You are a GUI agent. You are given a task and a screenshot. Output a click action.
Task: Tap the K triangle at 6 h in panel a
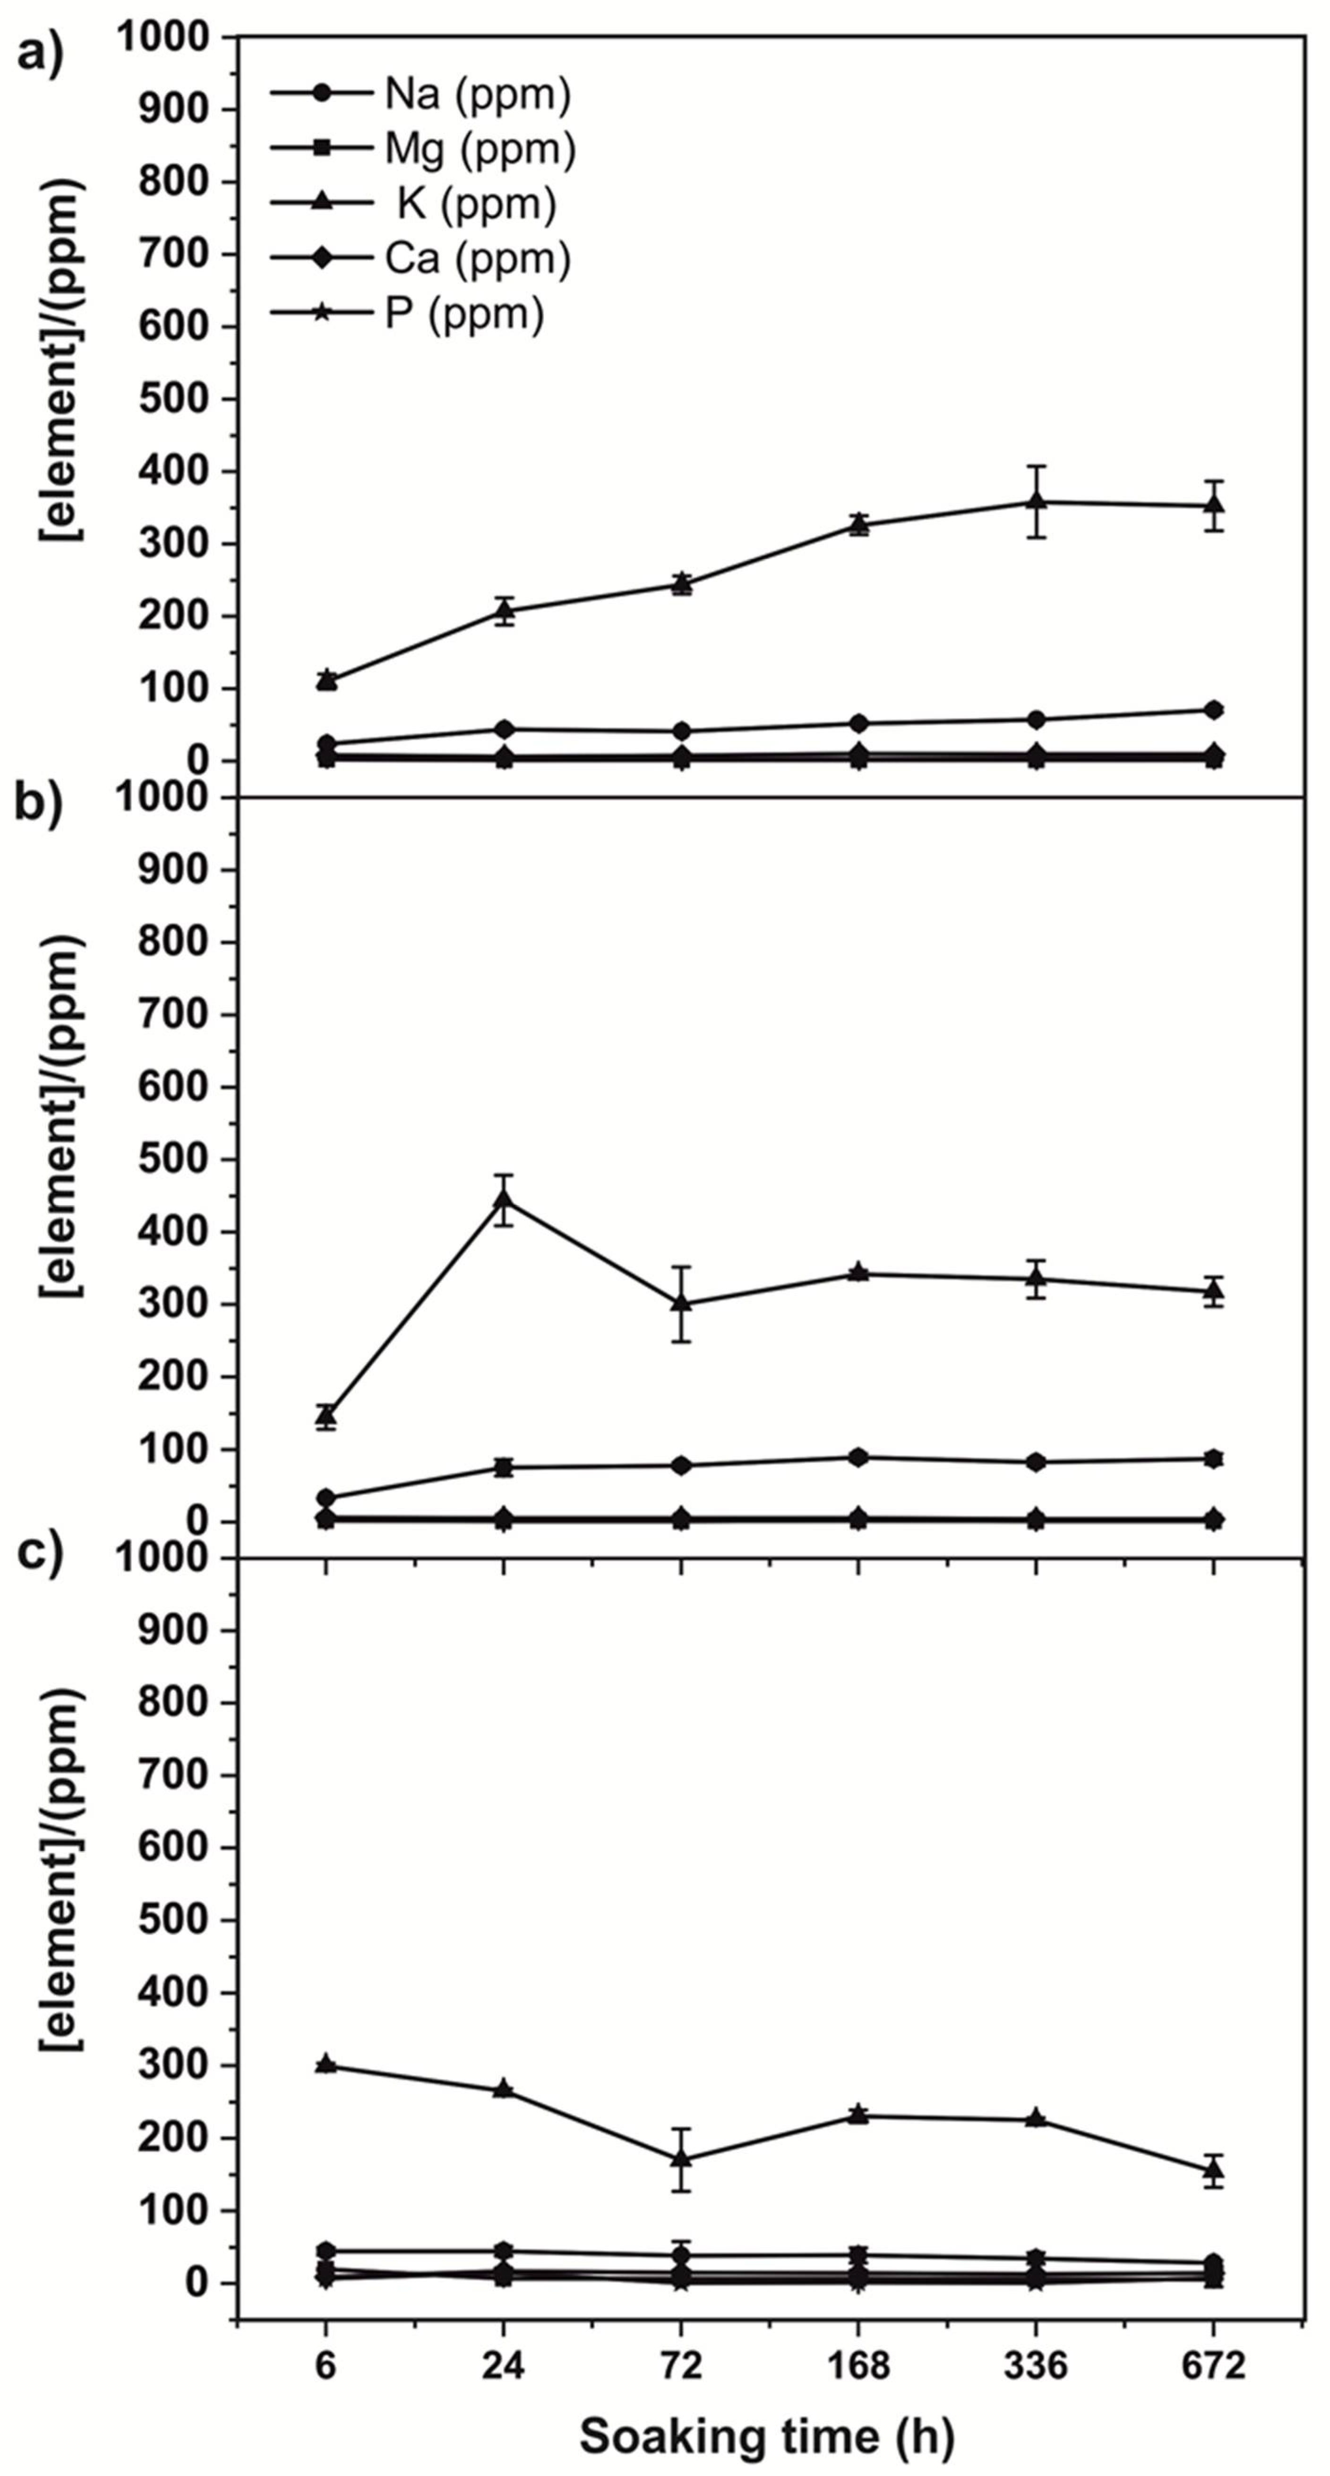coord(326,679)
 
